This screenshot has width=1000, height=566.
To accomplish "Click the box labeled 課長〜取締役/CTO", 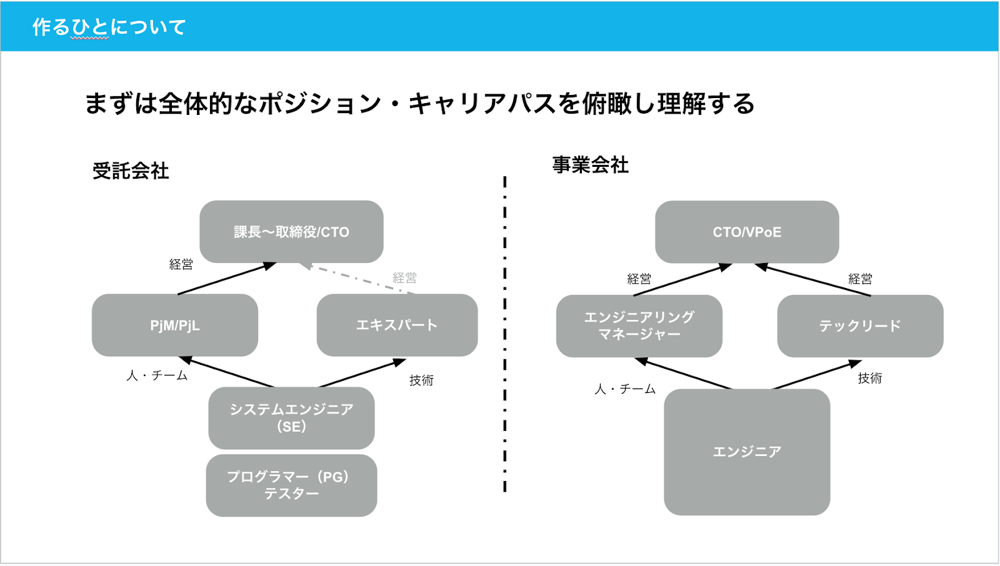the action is (291, 232).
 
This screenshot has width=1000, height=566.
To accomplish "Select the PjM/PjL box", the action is (175, 325).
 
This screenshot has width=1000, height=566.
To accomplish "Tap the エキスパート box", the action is (397, 325).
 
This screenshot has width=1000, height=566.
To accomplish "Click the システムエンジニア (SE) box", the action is (291, 418).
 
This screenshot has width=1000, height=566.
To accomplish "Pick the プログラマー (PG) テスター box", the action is (291, 485).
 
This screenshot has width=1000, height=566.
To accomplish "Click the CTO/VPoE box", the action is (747, 232).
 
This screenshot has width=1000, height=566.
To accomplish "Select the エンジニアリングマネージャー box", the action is (639, 326).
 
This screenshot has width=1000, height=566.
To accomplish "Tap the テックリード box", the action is (860, 326).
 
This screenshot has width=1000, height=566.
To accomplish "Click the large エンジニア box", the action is (747, 452).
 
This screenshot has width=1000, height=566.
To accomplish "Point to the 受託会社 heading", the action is (131, 171).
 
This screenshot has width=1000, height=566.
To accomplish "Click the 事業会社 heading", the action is (590, 165).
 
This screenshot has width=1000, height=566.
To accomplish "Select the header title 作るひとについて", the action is (109, 27).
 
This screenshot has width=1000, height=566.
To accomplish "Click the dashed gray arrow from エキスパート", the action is (357, 279).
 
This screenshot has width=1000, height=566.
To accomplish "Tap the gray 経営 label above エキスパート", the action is (404, 278).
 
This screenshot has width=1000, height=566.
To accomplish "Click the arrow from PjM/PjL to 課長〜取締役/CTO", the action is (227, 279).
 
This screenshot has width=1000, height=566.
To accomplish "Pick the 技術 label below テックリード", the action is (869, 378).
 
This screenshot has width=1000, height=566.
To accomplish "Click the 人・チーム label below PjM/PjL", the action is (157, 375).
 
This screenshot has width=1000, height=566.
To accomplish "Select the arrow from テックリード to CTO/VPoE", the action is (812, 279).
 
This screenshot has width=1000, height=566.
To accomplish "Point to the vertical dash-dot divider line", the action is (505, 334).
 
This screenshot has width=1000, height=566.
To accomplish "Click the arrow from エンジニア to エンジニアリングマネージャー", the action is (683, 374).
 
